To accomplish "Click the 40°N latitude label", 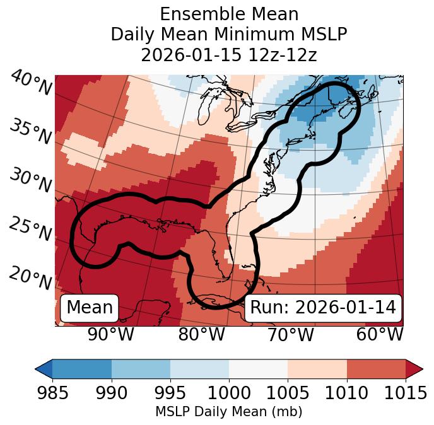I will tap(30, 83).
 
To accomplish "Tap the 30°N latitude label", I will tap(30, 181).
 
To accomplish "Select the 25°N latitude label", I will tap(30, 229).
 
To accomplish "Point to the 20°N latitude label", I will tap(30, 277).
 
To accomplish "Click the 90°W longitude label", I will tap(110, 334).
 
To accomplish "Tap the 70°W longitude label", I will tap(290, 334).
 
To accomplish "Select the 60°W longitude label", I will tap(380, 334).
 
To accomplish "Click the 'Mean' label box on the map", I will tap(90, 308).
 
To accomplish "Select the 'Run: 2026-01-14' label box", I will tap(323, 308).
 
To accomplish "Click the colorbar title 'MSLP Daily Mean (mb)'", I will tap(228, 412).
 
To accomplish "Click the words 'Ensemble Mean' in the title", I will tap(228, 14).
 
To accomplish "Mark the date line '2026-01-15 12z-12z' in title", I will tap(228, 55).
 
